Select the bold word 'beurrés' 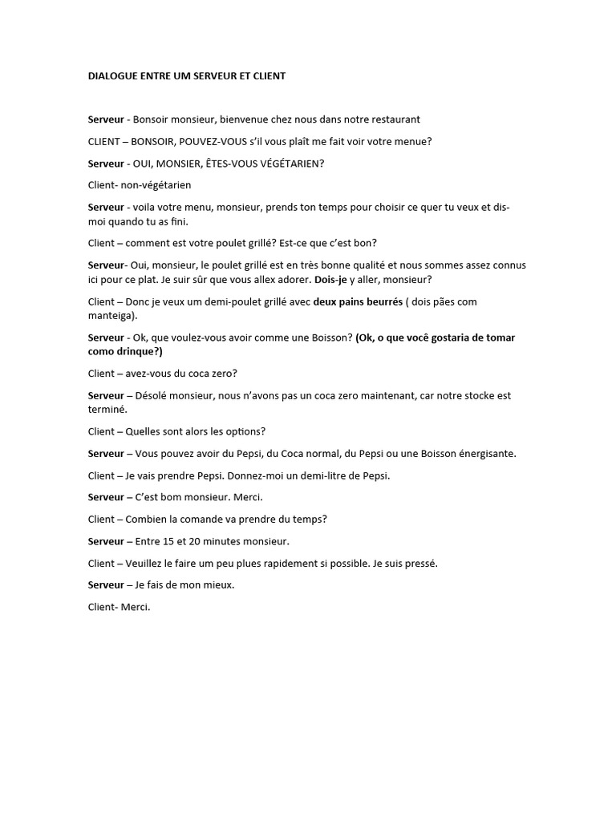379,301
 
